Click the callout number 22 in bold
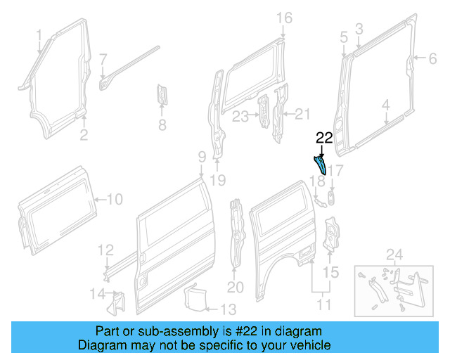click(324, 138)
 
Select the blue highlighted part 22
click(319, 165)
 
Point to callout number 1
click(39, 34)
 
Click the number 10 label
click(114, 200)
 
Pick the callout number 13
click(229, 309)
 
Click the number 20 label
click(235, 287)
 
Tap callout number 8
click(162, 126)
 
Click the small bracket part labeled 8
click(161, 94)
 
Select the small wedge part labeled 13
click(194, 296)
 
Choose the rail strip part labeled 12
click(120, 264)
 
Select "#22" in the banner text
click(229, 331)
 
